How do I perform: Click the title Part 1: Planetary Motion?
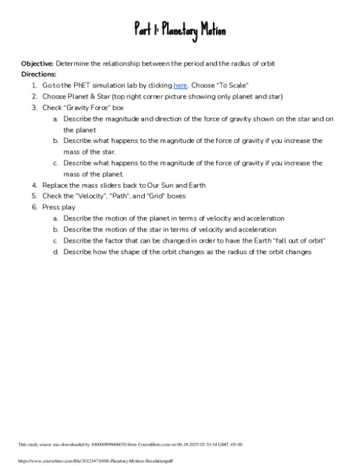click(179, 30)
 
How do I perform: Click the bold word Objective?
click(37, 64)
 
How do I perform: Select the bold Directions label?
click(39, 74)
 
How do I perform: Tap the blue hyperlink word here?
click(180, 86)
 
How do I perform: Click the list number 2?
click(34, 97)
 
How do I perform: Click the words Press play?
click(59, 207)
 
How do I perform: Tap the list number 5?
click(34, 196)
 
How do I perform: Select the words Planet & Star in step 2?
click(86, 97)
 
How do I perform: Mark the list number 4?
click(34, 185)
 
